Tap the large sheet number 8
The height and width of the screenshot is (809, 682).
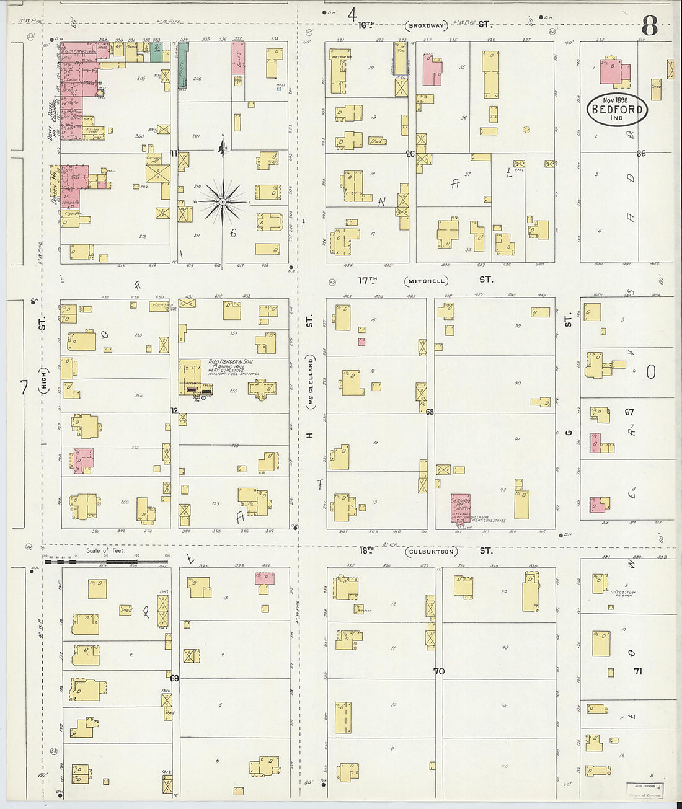click(x=649, y=26)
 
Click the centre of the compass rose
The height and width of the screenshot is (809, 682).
click(x=223, y=201)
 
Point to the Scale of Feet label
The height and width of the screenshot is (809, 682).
click(x=105, y=550)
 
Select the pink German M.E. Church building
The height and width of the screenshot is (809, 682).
click(x=461, y=510)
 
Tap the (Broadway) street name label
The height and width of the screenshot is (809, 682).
click(x=427, y=26)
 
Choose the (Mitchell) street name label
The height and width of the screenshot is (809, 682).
click(x=426, y=281)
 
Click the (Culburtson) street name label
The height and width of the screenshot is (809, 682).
click(x=431, y=551)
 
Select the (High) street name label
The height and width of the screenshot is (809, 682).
click(x=44, y=388)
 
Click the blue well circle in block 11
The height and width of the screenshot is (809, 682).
click(x=279, y=89)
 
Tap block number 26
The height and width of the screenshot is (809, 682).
click(x=410, y=154)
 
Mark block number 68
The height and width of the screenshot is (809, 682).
click(x=430, y=412)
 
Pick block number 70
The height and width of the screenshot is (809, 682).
click(x=439, y=671)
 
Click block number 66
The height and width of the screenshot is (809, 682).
click(x=640, y=153)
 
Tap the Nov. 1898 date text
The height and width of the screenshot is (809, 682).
click(x=616, y=99)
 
